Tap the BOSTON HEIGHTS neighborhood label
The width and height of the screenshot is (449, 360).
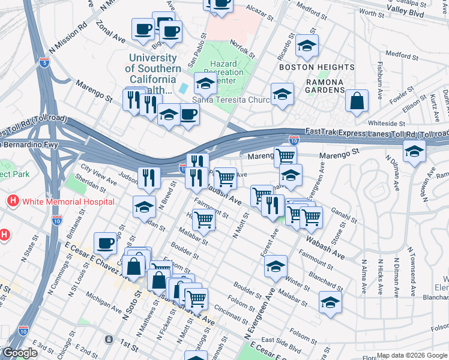(321, 67)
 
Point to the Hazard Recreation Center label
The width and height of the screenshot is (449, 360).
(227, 73)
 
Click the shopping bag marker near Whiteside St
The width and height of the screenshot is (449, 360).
(357, 102)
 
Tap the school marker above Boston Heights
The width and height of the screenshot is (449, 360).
(307, 46)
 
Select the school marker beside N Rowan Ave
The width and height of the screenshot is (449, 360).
(414, 152)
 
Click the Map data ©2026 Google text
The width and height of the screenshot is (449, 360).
(412, 355)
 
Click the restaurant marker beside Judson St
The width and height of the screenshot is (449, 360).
(148, 178)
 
